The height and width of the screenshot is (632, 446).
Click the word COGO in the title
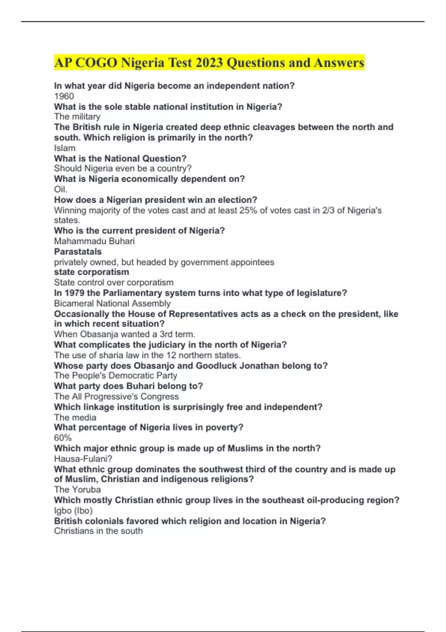click(96, 62)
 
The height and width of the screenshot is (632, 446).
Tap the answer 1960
click(64, 96)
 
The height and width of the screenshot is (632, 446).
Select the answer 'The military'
click(77, 117)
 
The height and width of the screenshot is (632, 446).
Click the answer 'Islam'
click(65, 148)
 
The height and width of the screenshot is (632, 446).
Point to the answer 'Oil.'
click(61, 189)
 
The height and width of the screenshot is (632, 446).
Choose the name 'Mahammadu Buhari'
click(94, 241)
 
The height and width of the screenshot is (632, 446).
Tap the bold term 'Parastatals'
click(78, 252)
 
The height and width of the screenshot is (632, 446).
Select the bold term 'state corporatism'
click(91, 272)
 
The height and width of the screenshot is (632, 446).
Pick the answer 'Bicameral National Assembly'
click(112, 303)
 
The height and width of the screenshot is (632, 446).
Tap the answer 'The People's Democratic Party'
click(116, 375)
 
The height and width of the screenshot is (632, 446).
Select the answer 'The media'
click(75, 417)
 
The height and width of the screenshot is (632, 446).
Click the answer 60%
click(63, 438)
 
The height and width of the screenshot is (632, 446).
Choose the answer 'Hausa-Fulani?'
click(83, 459)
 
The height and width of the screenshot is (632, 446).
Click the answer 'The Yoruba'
click(77, 490)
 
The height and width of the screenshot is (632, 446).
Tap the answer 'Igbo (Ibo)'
click(73, 510)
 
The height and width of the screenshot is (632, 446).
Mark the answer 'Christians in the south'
click(98, 531)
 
